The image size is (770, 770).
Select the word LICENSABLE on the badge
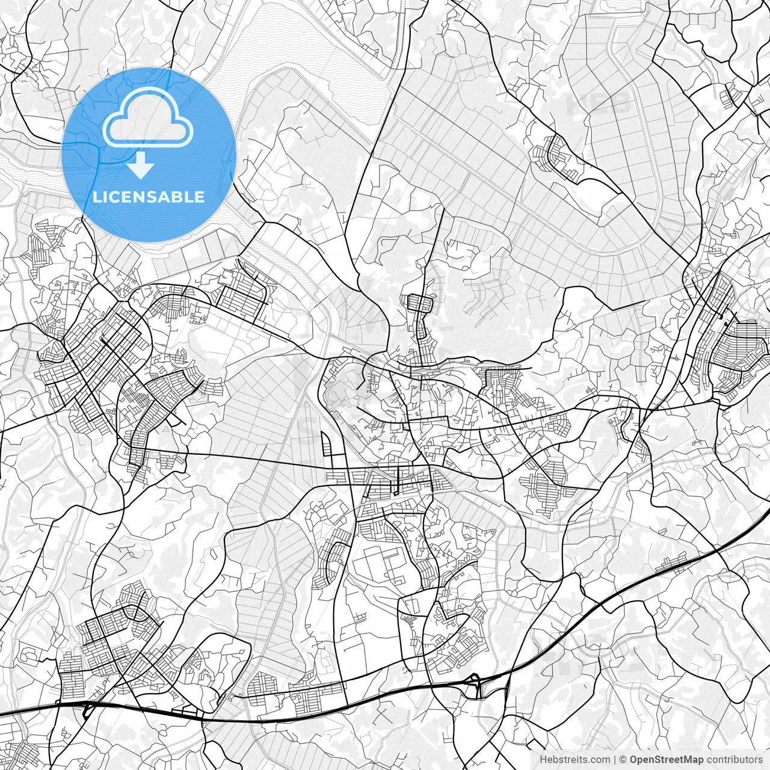(148, 197)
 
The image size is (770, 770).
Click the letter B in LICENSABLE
(174, 197)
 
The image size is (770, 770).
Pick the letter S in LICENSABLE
(148, 197)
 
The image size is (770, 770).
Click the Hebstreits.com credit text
(574, 759)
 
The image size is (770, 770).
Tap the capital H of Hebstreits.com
(543, 759)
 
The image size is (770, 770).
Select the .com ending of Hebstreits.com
(599, 759)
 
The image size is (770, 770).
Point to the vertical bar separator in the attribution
(614, 759)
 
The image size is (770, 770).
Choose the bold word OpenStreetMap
(666, 759)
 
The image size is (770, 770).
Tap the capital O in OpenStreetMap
(633, 759)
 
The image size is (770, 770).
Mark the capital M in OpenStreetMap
(690, 759)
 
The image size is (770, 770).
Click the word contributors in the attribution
(734, 759)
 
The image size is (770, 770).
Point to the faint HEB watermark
(599, 103)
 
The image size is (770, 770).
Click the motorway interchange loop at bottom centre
(478, 686)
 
